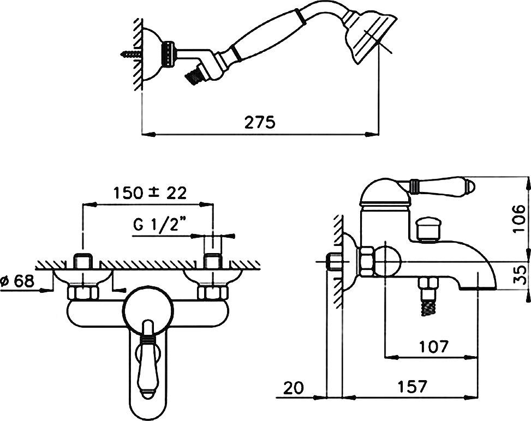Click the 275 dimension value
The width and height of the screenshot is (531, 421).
point(259,122)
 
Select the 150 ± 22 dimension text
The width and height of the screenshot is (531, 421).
point(150,193)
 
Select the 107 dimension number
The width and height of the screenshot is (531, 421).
point(434,346)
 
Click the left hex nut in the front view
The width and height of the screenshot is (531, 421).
point(82,293)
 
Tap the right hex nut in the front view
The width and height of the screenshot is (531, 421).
point(210,293)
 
